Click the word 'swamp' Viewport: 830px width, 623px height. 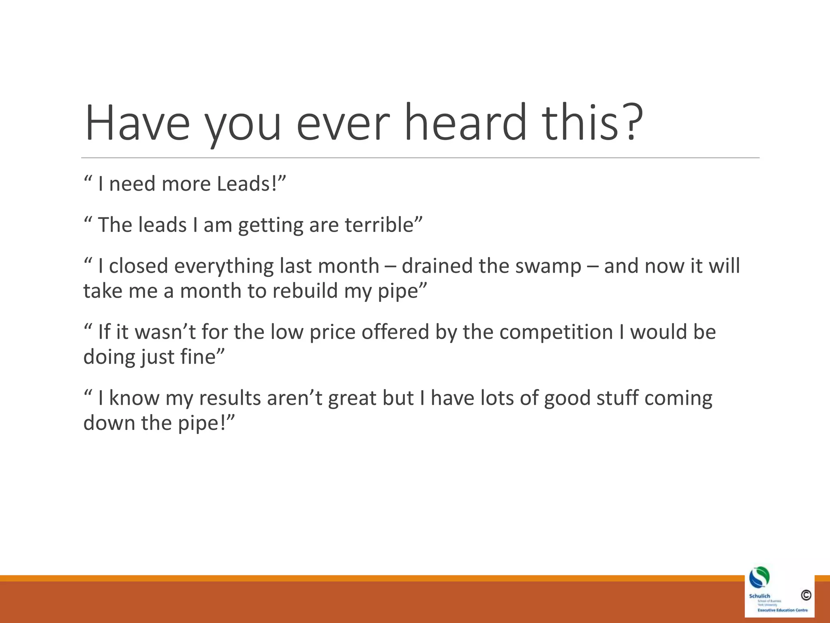[x=549, y=266]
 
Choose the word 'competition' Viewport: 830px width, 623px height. [x=556, y=332]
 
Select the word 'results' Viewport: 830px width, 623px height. [x=230, y=398]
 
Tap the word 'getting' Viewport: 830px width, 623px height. [x=270, y=226]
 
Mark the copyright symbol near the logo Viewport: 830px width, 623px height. [x=806, y=595]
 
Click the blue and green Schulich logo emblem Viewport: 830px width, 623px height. [x=759, y=578]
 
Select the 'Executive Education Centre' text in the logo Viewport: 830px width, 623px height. [x=782, y=610]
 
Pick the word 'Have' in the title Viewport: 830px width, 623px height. [x=137, y=122]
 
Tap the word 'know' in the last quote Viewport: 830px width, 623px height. [x=134, y=398]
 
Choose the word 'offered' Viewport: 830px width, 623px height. [x=395, y=332]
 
